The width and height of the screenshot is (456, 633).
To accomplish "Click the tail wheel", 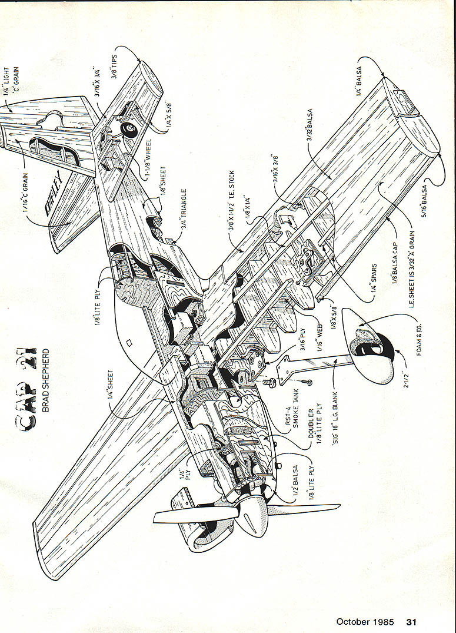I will click(127, 130).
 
